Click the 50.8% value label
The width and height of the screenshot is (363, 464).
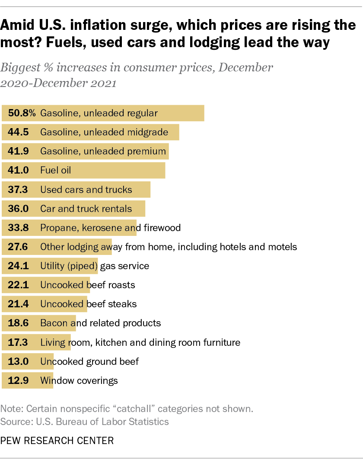coord(22,113)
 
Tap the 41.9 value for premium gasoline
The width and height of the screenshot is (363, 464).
coord(19,151)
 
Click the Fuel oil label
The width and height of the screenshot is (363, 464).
coord(55,171)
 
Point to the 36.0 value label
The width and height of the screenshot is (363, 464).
coord(19,209)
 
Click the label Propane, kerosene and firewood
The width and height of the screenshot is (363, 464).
coord(110,228)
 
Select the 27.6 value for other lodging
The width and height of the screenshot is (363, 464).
coord(19,247)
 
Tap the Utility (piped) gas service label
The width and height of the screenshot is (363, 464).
coord(95,266)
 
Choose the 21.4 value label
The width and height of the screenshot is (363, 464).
coord(19,304)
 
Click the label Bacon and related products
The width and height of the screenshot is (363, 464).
coord(100,323)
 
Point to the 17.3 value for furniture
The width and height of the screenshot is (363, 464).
coord(19,342)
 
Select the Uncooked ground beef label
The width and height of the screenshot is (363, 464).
coord(89,361)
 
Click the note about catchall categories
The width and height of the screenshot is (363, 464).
coord(127,409)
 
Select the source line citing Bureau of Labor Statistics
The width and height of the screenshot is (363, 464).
coord(85,421)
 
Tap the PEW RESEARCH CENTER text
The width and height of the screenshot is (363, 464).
coord(57,441)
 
